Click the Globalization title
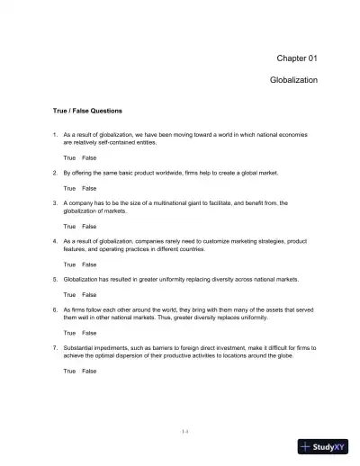tap(292, 80)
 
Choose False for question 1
tap(89, 157)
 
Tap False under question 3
tap(89, 227)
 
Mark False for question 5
tap(89, 294)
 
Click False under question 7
tap(89, 371)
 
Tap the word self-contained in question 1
tap(100, 142)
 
